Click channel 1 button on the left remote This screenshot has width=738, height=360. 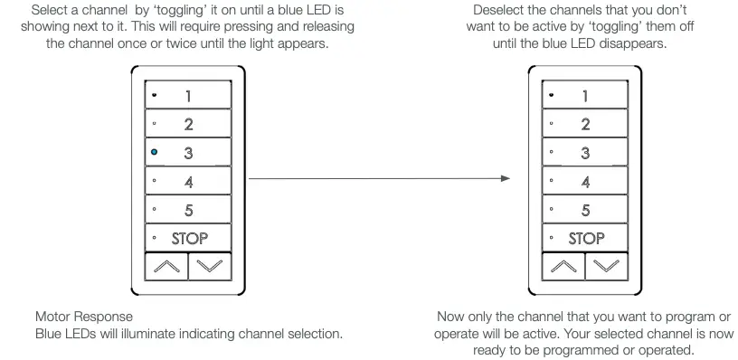tap(187, 95)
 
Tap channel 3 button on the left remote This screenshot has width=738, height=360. tap(187, 153)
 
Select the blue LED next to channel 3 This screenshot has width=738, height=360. tap(155, 153)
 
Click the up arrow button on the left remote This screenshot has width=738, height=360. tap(166, 266)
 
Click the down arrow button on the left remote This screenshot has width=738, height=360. tap(209, 266)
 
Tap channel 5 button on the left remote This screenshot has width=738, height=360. tap(187, 210)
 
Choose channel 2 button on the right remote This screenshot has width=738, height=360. tap(584, 124)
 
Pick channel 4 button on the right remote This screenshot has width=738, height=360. tap(584, 181)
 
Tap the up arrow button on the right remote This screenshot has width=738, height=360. tap(563, 266)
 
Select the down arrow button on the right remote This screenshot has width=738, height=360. tap(606, 266)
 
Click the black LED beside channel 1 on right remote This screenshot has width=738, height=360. tap(552, 95)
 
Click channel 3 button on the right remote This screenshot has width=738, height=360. tap(584, 153)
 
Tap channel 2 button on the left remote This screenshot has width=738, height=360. tap(187, 124)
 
